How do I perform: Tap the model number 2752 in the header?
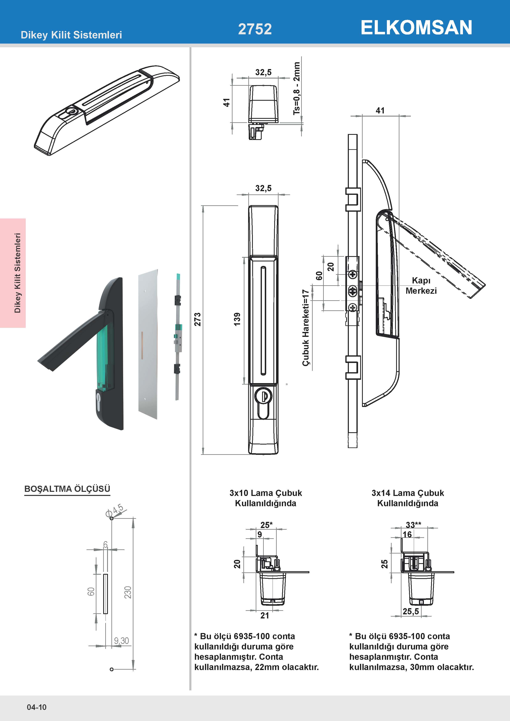point(255,29)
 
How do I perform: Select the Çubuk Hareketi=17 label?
point(305,328)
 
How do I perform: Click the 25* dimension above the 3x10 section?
point(266,525)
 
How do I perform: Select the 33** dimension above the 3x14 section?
point(413,525)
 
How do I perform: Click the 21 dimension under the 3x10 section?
point(265,616)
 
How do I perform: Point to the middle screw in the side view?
point(353,292)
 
